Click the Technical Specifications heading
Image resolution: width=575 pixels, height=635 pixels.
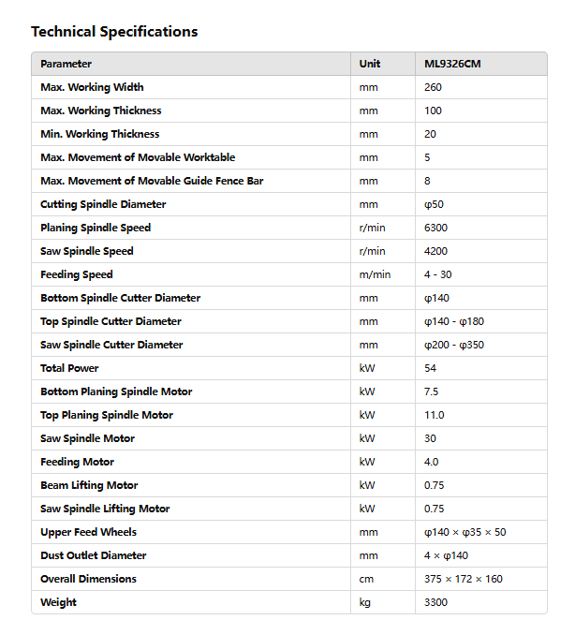[114, 32]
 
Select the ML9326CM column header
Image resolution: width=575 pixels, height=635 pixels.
[452, 64]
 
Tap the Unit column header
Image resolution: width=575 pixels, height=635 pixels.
[370, 64]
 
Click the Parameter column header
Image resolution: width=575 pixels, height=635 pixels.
[66, 64]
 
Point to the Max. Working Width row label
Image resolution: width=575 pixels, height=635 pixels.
[92, 87]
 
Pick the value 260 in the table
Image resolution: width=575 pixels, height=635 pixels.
[433, 87]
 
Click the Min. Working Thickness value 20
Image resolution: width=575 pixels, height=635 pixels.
[431, 134]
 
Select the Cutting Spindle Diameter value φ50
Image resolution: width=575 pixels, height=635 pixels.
[434, 204]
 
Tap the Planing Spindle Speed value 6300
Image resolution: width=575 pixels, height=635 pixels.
[436, 228]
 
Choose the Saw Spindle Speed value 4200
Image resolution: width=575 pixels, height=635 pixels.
[436, 251]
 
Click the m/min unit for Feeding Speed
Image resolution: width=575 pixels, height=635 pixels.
[375, 274]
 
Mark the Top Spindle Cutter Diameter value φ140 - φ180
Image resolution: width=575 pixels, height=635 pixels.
[454, 321]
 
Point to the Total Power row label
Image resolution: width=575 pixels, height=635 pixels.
[69, 368]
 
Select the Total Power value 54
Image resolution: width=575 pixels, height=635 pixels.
[431, 368]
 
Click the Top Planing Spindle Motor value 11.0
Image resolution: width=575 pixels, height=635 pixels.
[435, 415]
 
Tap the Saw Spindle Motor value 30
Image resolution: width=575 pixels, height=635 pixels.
[431, 438]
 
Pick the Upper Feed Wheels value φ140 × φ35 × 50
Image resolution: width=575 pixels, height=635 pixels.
[465, 532]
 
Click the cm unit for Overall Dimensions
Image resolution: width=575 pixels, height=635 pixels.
[366, 579]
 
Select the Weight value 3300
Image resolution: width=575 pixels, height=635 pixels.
[436, 602]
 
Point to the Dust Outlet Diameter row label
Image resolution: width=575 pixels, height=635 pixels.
[94, 555]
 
